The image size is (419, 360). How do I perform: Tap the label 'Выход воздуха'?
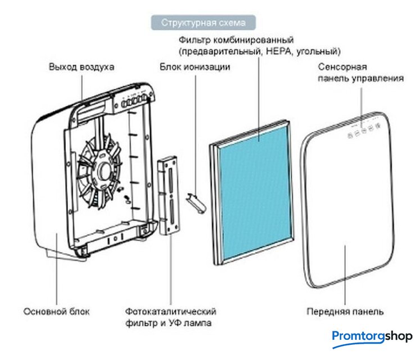click(x=82, y=66)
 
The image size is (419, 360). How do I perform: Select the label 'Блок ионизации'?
click(x=195, y=66)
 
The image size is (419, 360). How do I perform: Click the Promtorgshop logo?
click(x=372, y=336)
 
